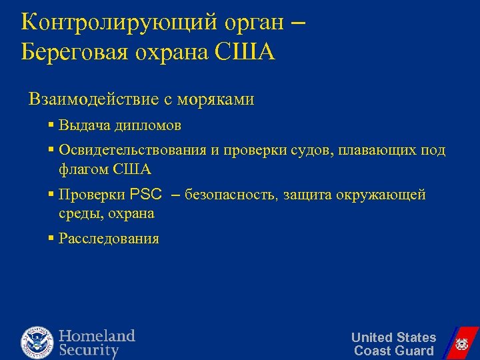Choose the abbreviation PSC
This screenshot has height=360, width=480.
coord(146,195)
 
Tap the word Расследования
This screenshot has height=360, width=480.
coord(109,239)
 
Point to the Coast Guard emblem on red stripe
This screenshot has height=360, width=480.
coord(460,344)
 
